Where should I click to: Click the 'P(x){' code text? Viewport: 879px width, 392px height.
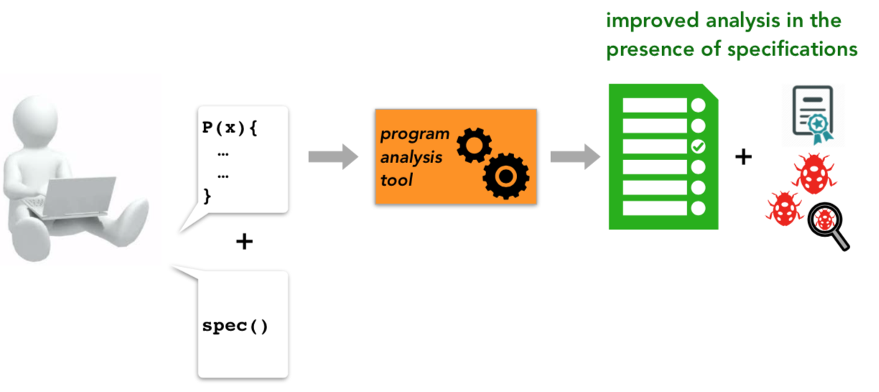click(x=230, y=128)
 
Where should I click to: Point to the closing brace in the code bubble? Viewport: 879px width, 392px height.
click(x=207, y=196)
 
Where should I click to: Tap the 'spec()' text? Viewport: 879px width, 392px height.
click(x=235, y=326)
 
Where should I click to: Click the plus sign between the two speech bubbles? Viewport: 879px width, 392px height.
click(x=244, y=241)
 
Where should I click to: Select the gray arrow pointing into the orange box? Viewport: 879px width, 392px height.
click(x=333, y=157)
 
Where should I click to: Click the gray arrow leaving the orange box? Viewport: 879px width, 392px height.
click(x=575, y=157)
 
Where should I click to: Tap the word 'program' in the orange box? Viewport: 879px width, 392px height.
click(x=415, y=134)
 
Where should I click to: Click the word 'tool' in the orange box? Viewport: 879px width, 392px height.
click(x=396, y=180)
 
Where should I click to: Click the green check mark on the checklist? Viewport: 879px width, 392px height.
click(x=698, y=146)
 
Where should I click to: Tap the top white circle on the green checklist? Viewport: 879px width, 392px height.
click(x=698, y=106)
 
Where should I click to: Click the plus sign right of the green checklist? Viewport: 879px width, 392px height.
click(x=743, y=157)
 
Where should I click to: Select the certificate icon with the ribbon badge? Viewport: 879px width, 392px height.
click(x=813, y=114)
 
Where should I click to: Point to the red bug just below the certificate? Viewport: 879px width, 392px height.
click(x=814, y=174)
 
